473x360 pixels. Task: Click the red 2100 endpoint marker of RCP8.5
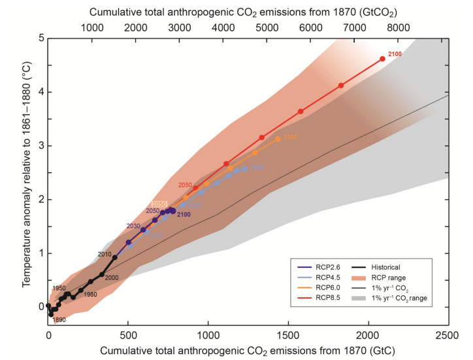(x=382, y=59)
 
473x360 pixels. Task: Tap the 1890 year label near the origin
(x=59, y=319)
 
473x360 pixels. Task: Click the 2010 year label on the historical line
(x=105, y=254)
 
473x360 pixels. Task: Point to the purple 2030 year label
(x=134, y=226)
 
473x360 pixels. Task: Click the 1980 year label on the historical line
(x=90, y=294)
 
